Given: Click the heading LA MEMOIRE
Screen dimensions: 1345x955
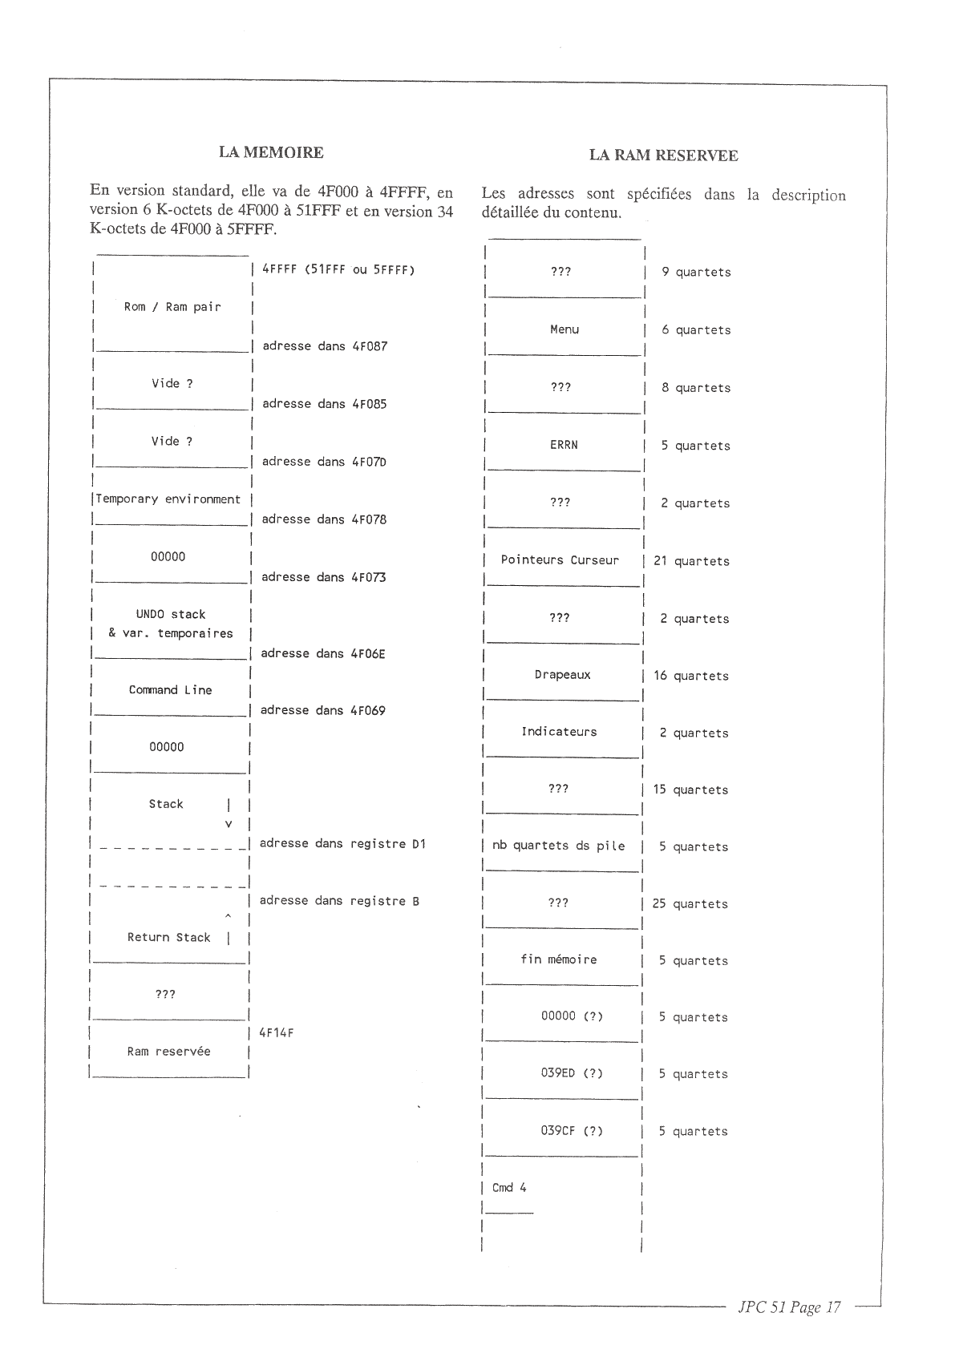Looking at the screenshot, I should pos(271,152).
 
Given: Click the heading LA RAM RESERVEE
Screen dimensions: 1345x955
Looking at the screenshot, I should pos(663,156).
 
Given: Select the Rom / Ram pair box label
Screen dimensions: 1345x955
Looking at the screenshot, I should pos(172,307).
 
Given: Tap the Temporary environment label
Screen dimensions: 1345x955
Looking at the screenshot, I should pos(168,499).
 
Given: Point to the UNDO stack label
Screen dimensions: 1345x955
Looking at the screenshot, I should pos(171,615).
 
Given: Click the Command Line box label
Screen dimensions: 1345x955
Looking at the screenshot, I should pos(170,690).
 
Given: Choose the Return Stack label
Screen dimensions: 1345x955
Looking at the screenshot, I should pos(168,938).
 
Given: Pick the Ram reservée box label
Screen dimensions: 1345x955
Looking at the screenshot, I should pos(168,1052).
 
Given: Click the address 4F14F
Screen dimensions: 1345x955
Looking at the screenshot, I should pos(277,1033).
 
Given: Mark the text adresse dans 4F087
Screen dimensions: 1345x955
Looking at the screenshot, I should pos(325,346).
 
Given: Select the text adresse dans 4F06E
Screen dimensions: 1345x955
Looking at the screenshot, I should pos(323,654).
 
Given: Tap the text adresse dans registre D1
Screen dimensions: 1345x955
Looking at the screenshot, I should pos(342,844).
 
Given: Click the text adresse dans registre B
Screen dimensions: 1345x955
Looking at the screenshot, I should pos(339,901).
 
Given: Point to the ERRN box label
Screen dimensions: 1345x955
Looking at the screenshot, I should pos(564,445).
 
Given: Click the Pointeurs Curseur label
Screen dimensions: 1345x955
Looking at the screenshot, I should pos(560,560).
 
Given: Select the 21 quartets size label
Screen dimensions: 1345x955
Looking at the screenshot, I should pos(691,561).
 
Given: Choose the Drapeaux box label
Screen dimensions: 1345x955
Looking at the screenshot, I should pos(562,675).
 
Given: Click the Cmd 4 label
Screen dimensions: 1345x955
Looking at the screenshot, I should pos(509,1188).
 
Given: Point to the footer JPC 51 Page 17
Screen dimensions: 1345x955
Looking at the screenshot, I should pos(789,1307).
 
